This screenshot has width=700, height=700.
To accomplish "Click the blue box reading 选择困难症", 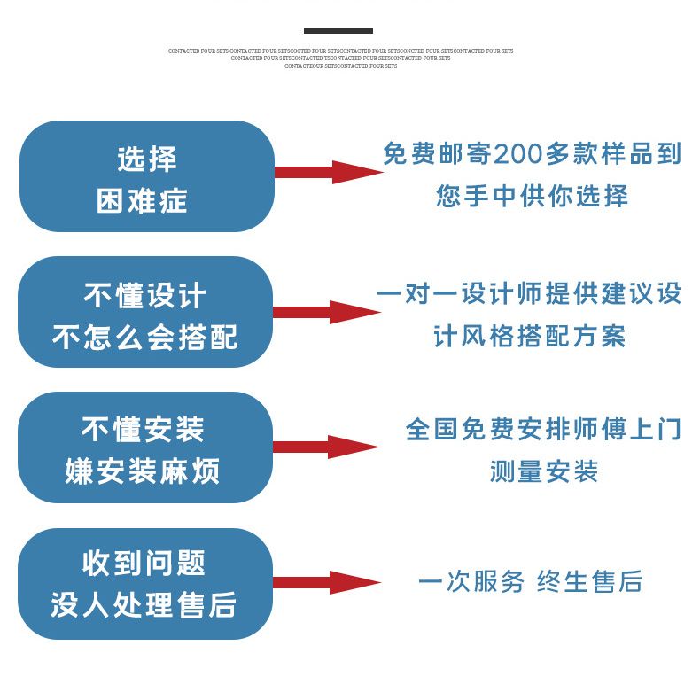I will click(x=146, y=176).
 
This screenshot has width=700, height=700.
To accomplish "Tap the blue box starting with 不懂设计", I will click(x=146, y=312).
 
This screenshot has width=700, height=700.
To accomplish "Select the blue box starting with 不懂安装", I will click(x=146, y=447).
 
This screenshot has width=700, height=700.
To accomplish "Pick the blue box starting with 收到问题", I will click(x=146, y=583).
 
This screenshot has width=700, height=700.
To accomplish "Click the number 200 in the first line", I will click(x=524, y=154).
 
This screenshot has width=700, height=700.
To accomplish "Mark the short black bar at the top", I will click(x=338, y=31).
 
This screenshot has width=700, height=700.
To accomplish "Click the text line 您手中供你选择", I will click(x=532, y=196).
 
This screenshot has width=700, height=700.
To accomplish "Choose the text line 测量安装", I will click(x=544, y=471).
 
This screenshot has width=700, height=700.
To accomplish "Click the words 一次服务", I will click(x=471, y=582).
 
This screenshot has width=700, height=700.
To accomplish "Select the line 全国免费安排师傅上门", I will click(x=543, y=430).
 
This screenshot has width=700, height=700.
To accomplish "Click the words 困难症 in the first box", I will click(x=142, y=200).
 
